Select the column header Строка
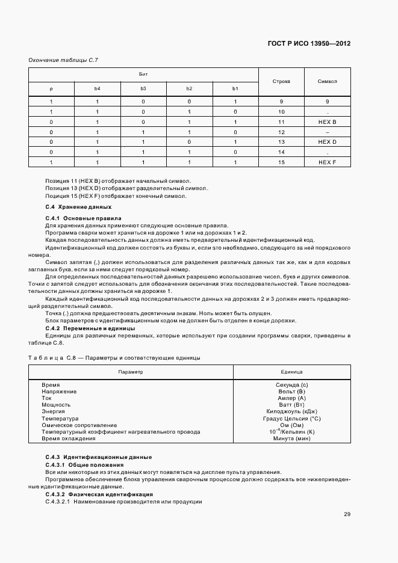tap(281, 81)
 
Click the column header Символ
tap(328, 81)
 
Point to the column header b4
tap(97, 89)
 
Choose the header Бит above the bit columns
tap(144, 74)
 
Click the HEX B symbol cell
tap(328, 122)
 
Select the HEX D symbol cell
tap(328, 142)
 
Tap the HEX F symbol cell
tap(328, 162)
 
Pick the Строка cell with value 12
tap(281, 132)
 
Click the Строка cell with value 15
tap(281, 162)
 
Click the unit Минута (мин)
tap(291, 438)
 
